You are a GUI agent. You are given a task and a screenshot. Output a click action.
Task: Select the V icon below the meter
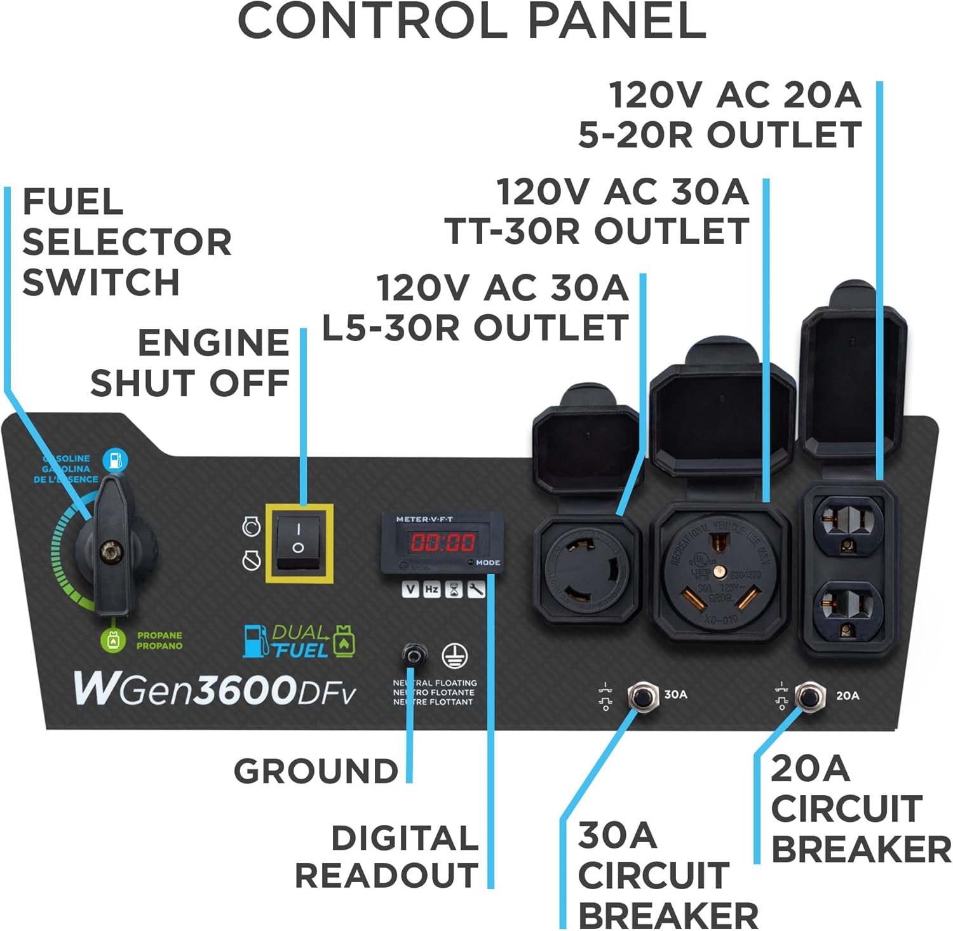tap(411, 589)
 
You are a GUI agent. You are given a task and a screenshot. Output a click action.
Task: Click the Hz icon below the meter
tap(432, 589)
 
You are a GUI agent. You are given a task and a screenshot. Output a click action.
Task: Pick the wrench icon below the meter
tap(476, 590)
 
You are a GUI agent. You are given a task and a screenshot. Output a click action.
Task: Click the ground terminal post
tap(414, 653)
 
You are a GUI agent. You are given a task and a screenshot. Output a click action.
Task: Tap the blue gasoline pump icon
tap(115, 460)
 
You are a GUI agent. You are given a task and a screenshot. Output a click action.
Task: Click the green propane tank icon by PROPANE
tap(113, 640)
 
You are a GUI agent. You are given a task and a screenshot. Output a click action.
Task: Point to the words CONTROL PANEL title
tap(471, 22)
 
